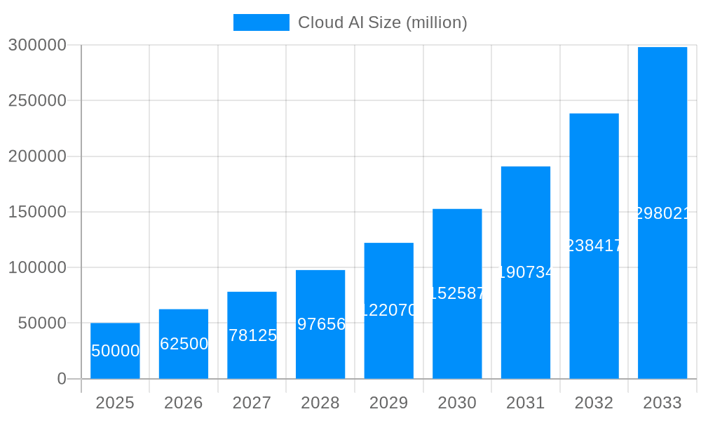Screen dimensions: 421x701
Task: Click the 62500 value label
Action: point(184,344)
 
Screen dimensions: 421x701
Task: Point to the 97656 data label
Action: point(321,324)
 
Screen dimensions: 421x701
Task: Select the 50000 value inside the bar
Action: point(116,351)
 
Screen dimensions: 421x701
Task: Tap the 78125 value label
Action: point(252,335)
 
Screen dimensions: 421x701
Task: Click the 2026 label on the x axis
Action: point(184,403)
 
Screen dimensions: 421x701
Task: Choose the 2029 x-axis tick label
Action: point(389,403)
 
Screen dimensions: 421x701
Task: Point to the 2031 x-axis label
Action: point(526,403)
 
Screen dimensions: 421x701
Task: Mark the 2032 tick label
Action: point(594,403)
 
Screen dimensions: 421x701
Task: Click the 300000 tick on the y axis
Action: point(37,45)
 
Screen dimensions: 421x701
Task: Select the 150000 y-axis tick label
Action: point(37,212)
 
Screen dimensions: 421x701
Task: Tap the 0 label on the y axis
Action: point(62,379)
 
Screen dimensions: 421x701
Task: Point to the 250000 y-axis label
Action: point(37,100)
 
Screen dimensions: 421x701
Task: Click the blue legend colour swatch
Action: point(261,22)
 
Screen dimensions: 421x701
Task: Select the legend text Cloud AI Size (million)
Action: point(383,22)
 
